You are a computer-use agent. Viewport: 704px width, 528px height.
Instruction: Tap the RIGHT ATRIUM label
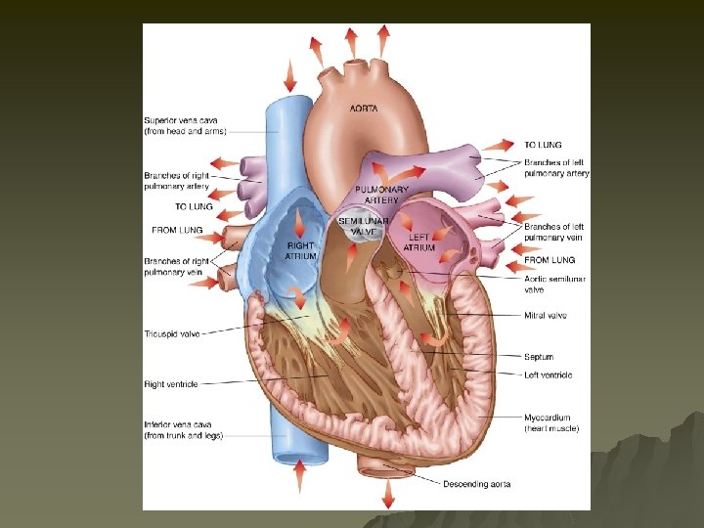[x=300, y=250]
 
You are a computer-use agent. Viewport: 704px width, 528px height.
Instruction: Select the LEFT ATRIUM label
[x=419, y=242]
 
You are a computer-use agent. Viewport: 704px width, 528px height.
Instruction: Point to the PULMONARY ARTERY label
[x=381, y=194]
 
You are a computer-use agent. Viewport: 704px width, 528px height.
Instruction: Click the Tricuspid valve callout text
[x=172, y=333]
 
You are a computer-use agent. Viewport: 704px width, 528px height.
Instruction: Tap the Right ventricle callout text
[x=171, y=384]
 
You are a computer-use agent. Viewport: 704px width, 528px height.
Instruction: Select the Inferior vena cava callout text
[x=184, y=430]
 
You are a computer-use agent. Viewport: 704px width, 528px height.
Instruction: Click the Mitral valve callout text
[x=545, y=315]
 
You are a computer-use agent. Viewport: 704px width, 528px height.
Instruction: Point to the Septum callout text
[x=539, y=356]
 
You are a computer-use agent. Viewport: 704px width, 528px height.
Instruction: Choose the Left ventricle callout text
[x=548, y=374]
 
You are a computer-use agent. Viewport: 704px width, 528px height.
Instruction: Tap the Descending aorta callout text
[x=476, y=484]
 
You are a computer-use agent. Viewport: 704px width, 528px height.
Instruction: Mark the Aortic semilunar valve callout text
[x=554, y=284]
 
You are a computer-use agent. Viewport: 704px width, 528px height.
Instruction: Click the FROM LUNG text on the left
[x=177, y=231]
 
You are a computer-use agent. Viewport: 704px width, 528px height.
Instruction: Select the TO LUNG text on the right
[x=543, y=145]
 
